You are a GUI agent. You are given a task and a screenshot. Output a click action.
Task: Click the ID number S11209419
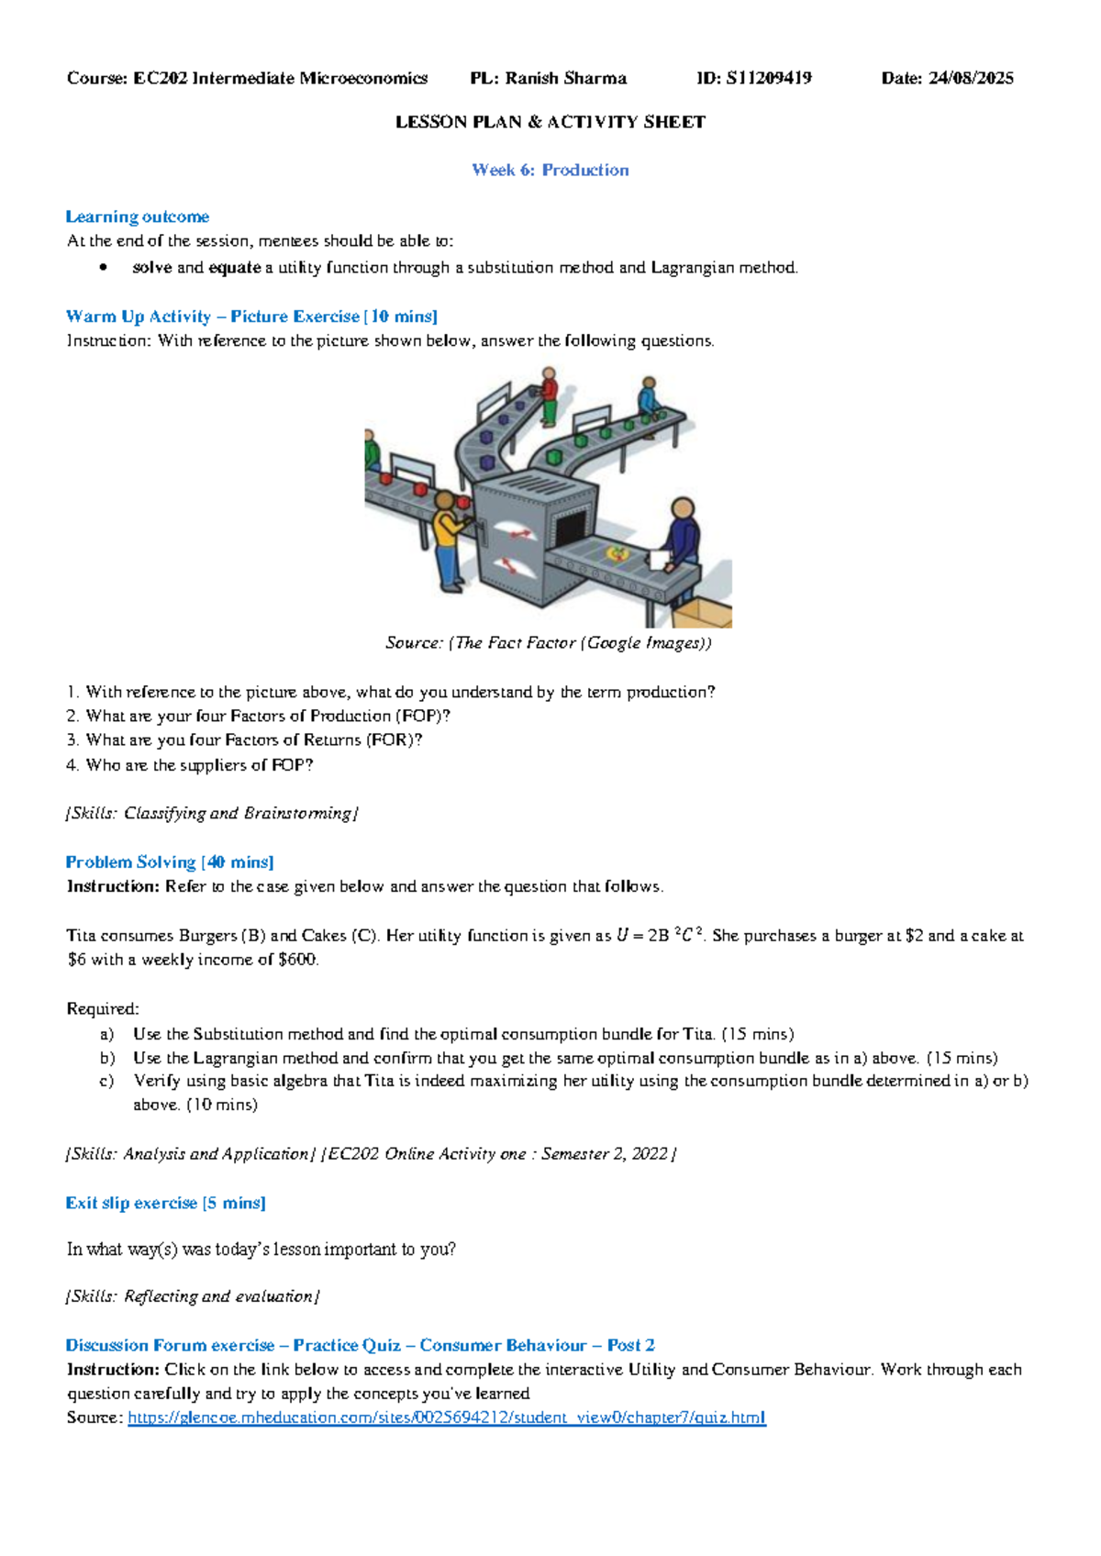point(768,78)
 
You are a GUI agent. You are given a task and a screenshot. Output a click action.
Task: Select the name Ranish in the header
point(531,78)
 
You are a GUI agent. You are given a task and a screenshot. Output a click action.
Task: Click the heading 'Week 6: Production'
point(550,170)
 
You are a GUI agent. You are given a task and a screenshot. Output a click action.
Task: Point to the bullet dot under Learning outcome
point(105,268)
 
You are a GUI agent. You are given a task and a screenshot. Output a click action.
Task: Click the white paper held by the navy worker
point(659,559)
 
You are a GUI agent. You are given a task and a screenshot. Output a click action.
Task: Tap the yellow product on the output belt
point(617,553)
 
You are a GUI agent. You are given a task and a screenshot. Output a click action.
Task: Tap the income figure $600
point(296,960)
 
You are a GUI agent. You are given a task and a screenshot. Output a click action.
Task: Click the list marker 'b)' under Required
point(107,1058)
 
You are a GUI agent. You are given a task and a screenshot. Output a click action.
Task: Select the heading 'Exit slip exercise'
point(131,1203)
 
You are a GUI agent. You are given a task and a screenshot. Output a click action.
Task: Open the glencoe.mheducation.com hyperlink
point(446,1417)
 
